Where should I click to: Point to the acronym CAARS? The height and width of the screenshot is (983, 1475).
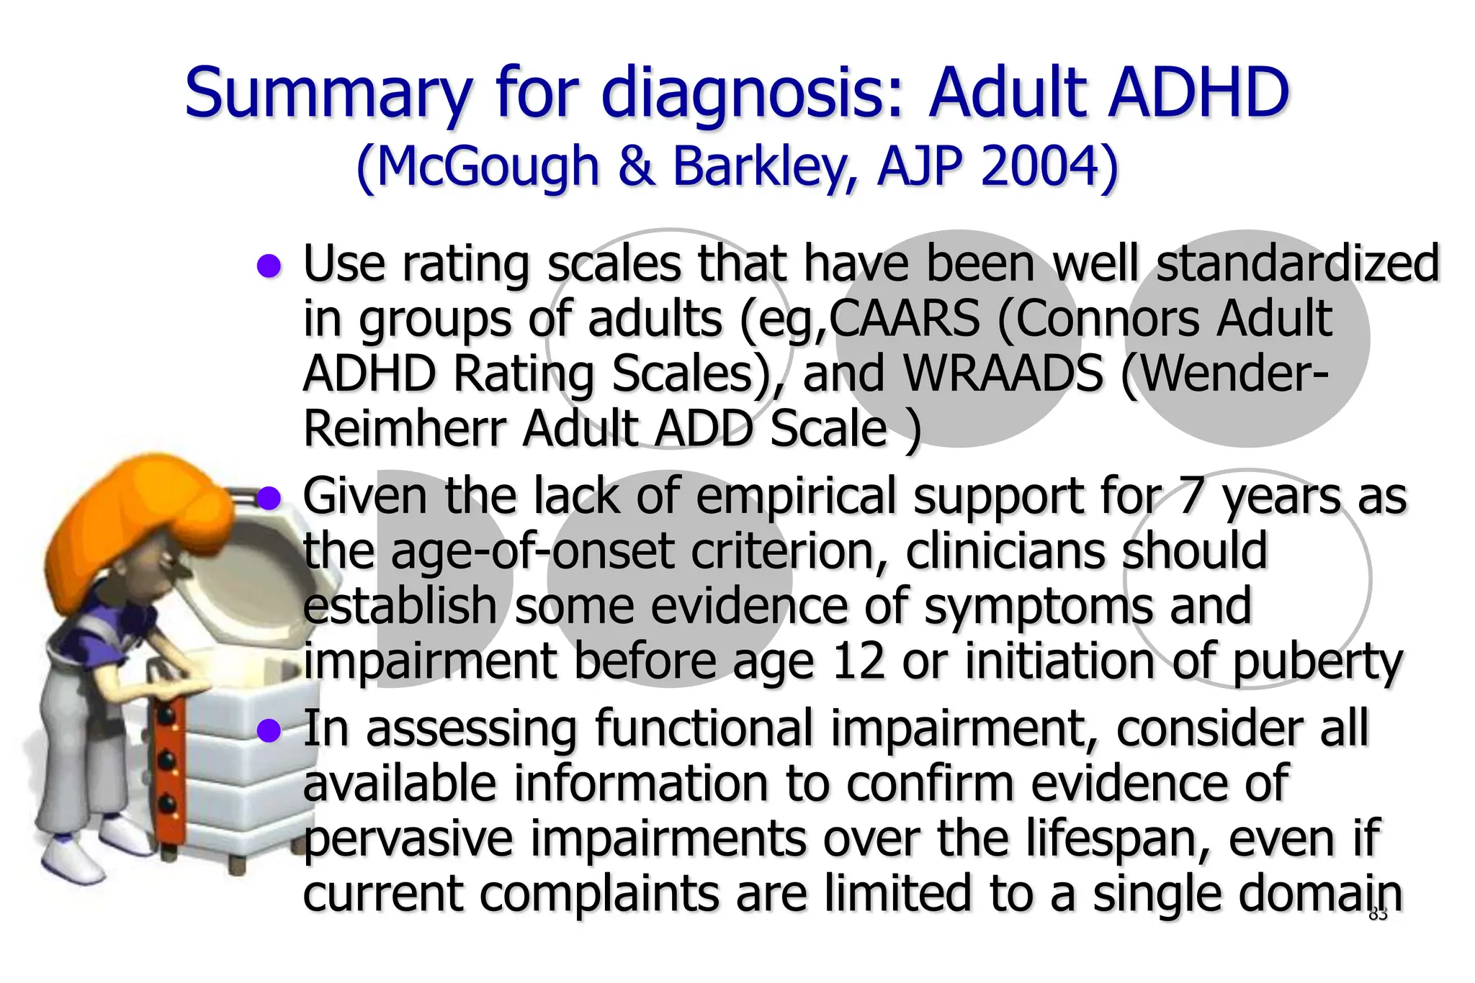coord(905,318)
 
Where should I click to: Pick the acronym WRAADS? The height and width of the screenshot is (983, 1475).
coord(1003,373)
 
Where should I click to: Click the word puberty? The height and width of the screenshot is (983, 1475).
coord(1317,663)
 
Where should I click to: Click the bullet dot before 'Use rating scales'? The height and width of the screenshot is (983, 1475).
coord(269,266)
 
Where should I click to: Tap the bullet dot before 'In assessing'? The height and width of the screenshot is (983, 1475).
coord(269,730)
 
